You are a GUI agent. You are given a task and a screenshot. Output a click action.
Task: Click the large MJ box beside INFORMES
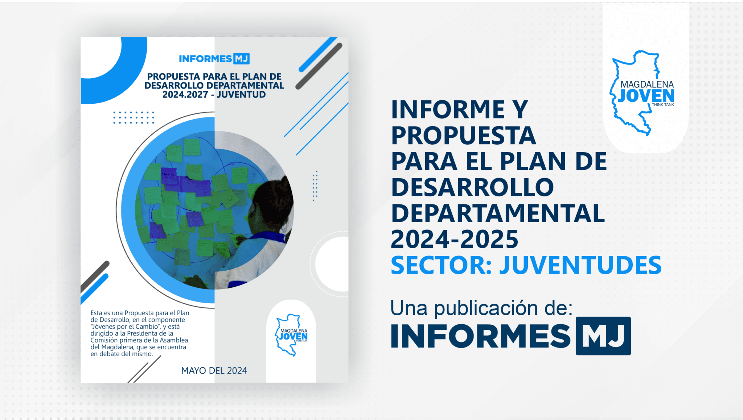[x=603, y=336]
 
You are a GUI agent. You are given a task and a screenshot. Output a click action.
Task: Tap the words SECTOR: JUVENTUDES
[x=526, y=265]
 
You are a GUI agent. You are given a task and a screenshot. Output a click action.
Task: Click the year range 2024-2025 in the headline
[x=454, y=239]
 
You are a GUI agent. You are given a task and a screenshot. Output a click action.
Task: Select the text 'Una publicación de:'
[x=481, y=308]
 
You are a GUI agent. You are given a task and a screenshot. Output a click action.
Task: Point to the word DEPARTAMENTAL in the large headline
[x=498, y=213]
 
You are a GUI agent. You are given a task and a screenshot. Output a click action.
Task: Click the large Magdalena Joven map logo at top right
[x=643, y=93]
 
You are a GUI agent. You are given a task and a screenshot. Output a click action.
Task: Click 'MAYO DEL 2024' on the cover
[x=214, y=371]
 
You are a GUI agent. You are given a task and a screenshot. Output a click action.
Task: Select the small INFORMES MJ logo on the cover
[x=214, y=59]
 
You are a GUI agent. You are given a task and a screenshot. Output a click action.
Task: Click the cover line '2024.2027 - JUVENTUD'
[x=214, y=95]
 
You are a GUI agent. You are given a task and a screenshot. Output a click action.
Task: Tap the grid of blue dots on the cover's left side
[x=134, y=118]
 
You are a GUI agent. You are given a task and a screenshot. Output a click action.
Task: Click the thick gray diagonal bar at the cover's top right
[x=319, y=66]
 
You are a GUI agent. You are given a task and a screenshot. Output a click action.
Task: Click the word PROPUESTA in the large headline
[x=463, y=136]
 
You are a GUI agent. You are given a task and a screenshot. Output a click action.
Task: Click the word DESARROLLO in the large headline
[x=472, y=187]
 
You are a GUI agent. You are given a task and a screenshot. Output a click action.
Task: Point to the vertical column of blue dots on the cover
[x=315, y=186]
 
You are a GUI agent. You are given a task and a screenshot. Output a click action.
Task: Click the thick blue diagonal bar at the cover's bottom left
[x=94, y=288]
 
